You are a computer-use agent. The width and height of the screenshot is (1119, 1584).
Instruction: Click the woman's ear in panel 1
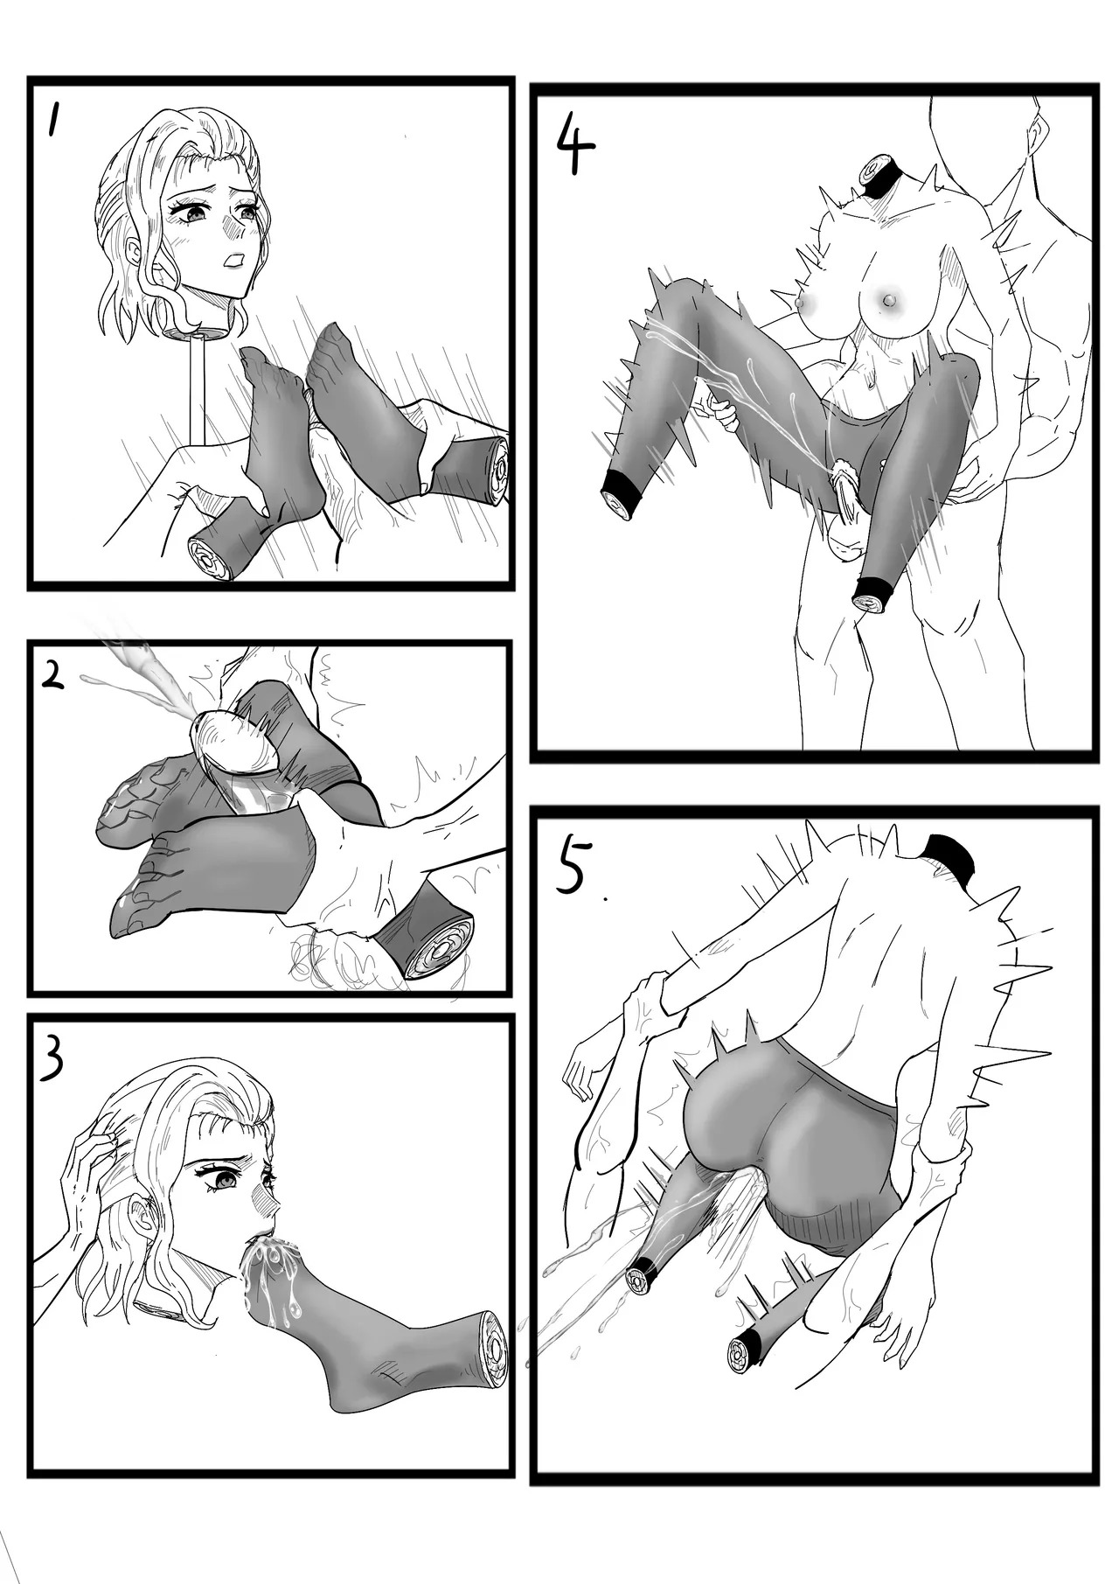click(135, 254)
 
